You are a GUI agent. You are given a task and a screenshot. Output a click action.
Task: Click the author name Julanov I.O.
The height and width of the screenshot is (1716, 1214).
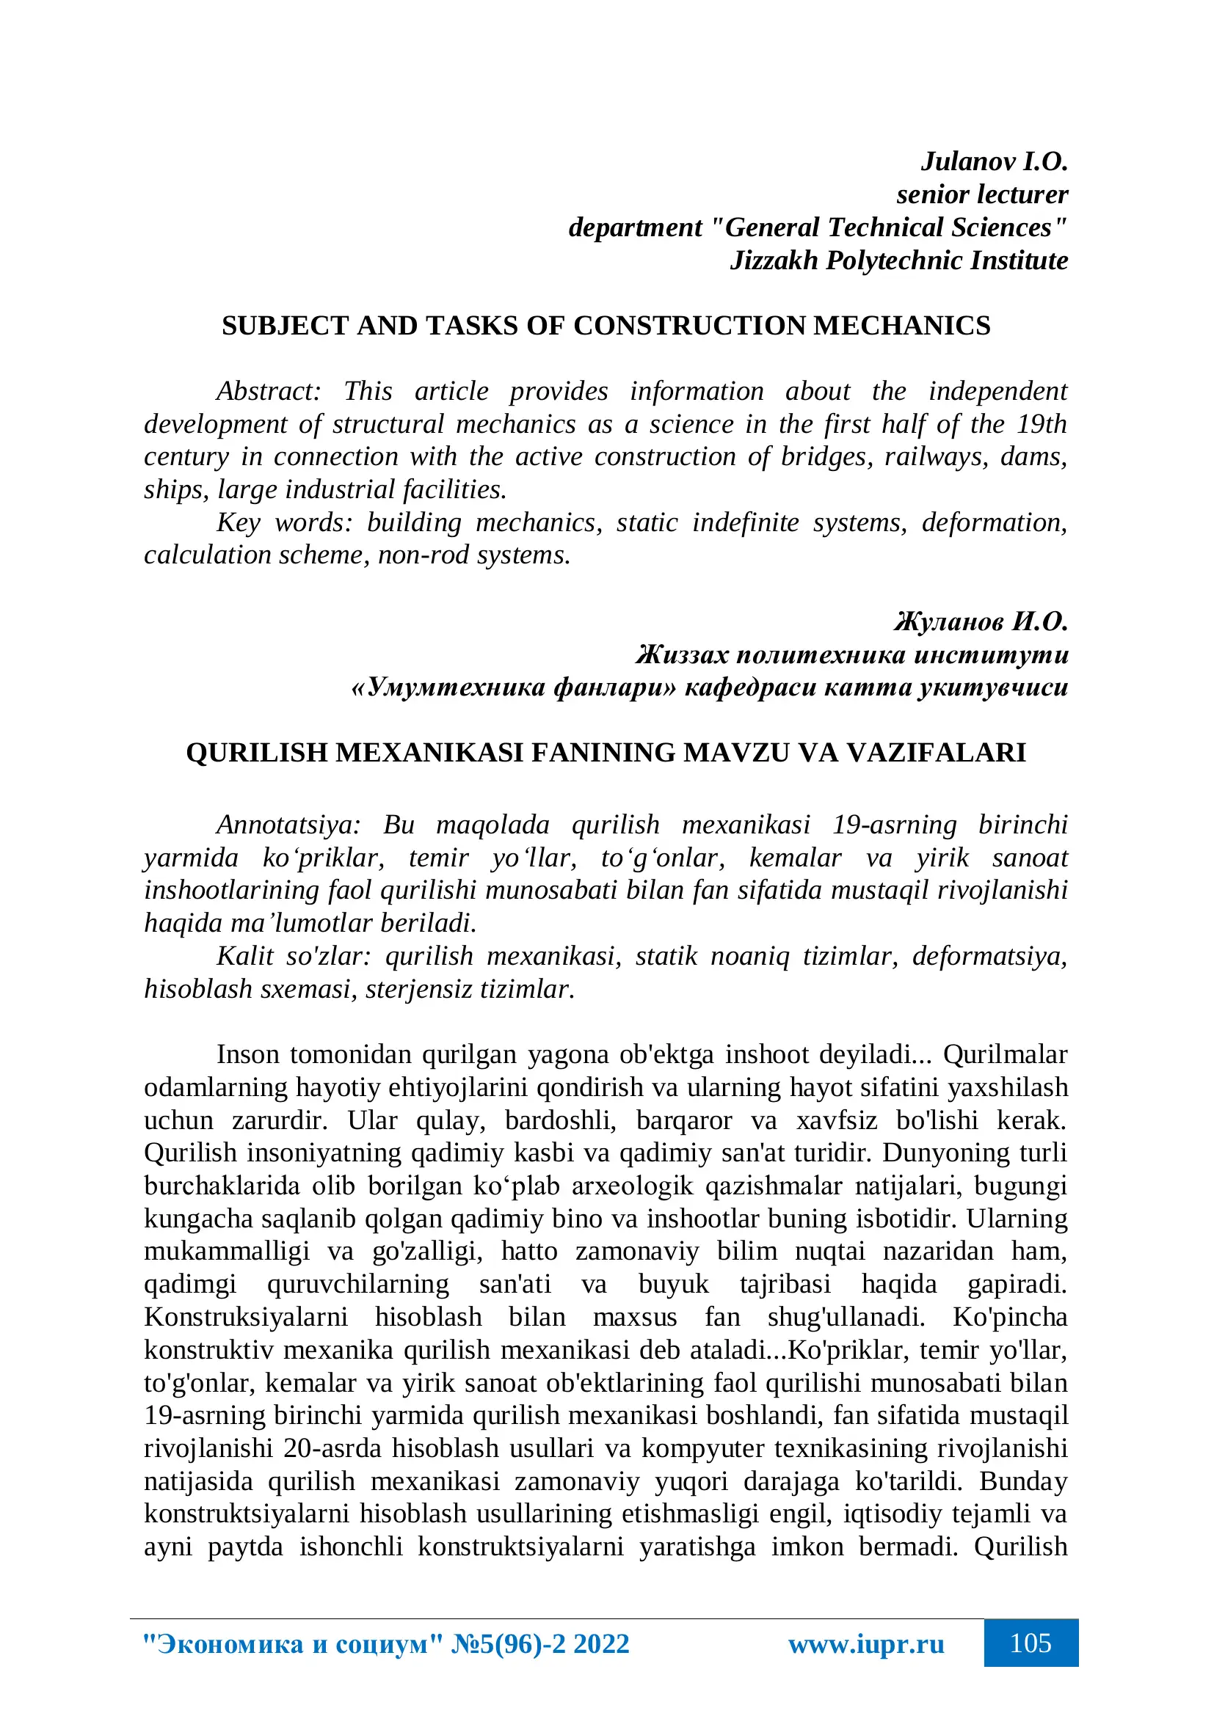pyautogui.click(x=994, y=161)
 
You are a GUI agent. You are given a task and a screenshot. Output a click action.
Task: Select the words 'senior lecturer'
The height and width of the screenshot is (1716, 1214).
pyautogui.click(x=981, y=194)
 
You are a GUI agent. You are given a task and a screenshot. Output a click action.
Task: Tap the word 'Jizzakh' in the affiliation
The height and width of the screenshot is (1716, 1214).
pyautogui.click(x=774, y=260)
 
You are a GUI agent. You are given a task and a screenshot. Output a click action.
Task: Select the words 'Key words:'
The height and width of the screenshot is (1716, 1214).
pyautogui.click(x=284, y=522)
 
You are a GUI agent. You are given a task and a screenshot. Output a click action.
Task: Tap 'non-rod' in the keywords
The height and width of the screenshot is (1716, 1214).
pyautogui.click(x=423, y=555)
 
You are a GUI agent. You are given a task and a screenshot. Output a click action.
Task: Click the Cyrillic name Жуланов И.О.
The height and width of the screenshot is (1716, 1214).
pyautogui.click(x=981, y=621)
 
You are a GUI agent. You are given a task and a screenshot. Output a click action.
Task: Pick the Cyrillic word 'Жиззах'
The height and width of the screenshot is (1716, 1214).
pyautogui.click(x=682, y=654)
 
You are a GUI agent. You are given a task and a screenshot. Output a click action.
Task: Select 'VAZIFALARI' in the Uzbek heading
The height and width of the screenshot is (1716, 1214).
pyautogui.click(x=936, y=752)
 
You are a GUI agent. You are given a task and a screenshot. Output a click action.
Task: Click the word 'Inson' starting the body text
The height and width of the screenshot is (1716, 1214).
pyautogui.click(x=247, y=1054)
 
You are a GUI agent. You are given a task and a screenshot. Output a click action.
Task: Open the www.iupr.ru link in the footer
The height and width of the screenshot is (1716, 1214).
pyautogui.click(x=865, y=1643)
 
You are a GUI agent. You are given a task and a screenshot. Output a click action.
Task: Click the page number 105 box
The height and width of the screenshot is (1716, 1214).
pyautogui.click(x=1030, y=1643)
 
